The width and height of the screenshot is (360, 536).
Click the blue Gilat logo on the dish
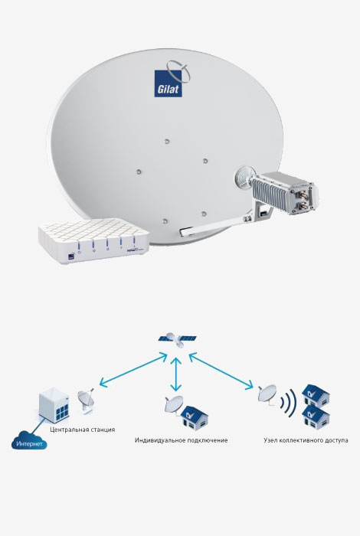pyautogui.click(x=168, y=83)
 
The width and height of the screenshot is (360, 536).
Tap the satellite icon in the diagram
pyautogui.click(x=177, y=339)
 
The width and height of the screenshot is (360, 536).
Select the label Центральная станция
pyautogui.click(x=83, y=430)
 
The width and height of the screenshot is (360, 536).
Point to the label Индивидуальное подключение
pyautogui.click(x=181, y=440)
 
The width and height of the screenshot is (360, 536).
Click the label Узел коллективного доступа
pyautogui.click(x=306, y=440)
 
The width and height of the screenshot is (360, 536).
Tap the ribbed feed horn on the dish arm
pyautogui.click(x=244, y=177)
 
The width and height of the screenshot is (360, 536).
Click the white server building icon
pyautogui.click(x=54, y=406)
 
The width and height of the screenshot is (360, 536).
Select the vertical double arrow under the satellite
pyautogui.click(x=175, y=374)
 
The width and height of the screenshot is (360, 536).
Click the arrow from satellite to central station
pyautogui.click(x=133, y=370)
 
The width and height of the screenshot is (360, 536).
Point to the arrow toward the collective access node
pyautogui.click(x=221, y=371)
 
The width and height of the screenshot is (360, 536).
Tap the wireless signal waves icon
pyautogui.click(x=288, y=403)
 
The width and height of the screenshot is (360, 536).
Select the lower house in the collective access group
pyautogui.click(x=316, y=417)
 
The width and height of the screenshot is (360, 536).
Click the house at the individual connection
pyautogui.click(x=195, y=417)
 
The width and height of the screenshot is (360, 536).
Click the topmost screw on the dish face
pyautogui.click(x=167, y=141)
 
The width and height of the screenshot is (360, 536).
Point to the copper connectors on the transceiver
pyautogui.click(x=303, y=201)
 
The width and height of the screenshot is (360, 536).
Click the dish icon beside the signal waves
pyautogui.click(x=267, y=394)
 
